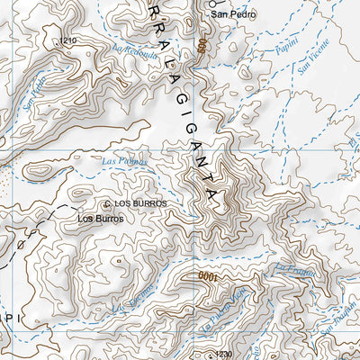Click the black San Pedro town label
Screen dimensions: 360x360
[x=231, y=15]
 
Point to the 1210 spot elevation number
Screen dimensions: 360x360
[x=65, y=41]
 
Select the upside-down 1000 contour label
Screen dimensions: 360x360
[x=208, y=278]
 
